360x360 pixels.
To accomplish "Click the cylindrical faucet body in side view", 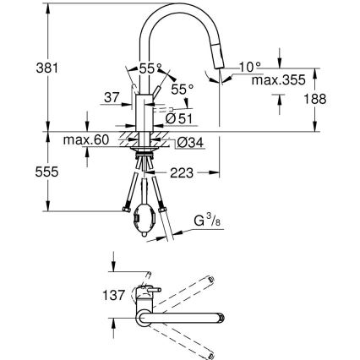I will tap(144, 113).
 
